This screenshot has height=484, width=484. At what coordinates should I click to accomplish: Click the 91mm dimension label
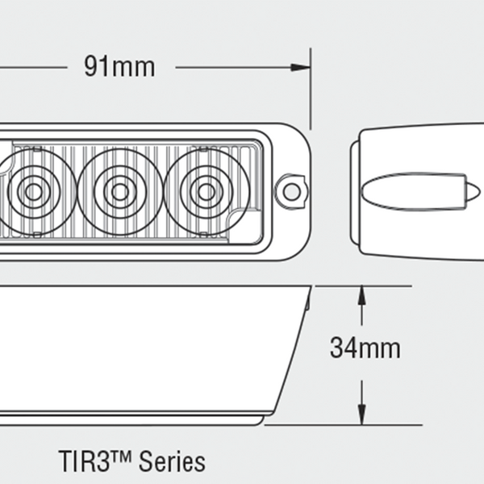[x=119, y=66]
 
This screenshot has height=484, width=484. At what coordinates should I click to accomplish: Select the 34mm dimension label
[x=365, y=348]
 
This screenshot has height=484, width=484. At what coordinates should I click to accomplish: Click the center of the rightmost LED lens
[x=206, y=191]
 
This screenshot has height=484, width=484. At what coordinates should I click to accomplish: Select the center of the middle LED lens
[x=119, y=191]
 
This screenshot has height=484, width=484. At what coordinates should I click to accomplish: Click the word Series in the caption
[x=172, y=462]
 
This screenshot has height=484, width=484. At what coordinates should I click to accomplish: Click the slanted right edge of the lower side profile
[x=290, y=355]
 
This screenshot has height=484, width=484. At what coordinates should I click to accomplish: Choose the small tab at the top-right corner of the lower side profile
[x=307, y=302]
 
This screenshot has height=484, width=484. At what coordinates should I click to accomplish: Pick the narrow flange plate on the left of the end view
[x=354, y=191]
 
